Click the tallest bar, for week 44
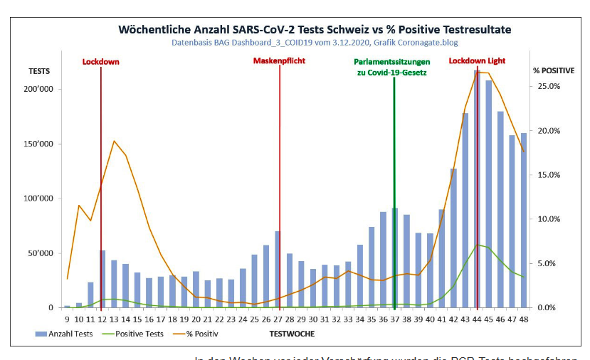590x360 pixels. [477, 192]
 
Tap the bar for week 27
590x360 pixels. [277, 270]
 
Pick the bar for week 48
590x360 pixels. [523, 221]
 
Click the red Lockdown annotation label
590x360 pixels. [100, 62]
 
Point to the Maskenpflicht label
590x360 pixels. [279, 61]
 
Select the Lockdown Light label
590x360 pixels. [477, 61]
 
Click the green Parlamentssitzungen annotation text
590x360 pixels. [392, 67]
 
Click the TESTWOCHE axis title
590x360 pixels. [292, 334]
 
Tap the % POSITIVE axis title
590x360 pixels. [554, 71]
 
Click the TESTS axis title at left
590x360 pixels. [39, 71]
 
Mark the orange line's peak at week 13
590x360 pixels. [114, 141]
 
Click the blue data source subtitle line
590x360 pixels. [314, 42]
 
